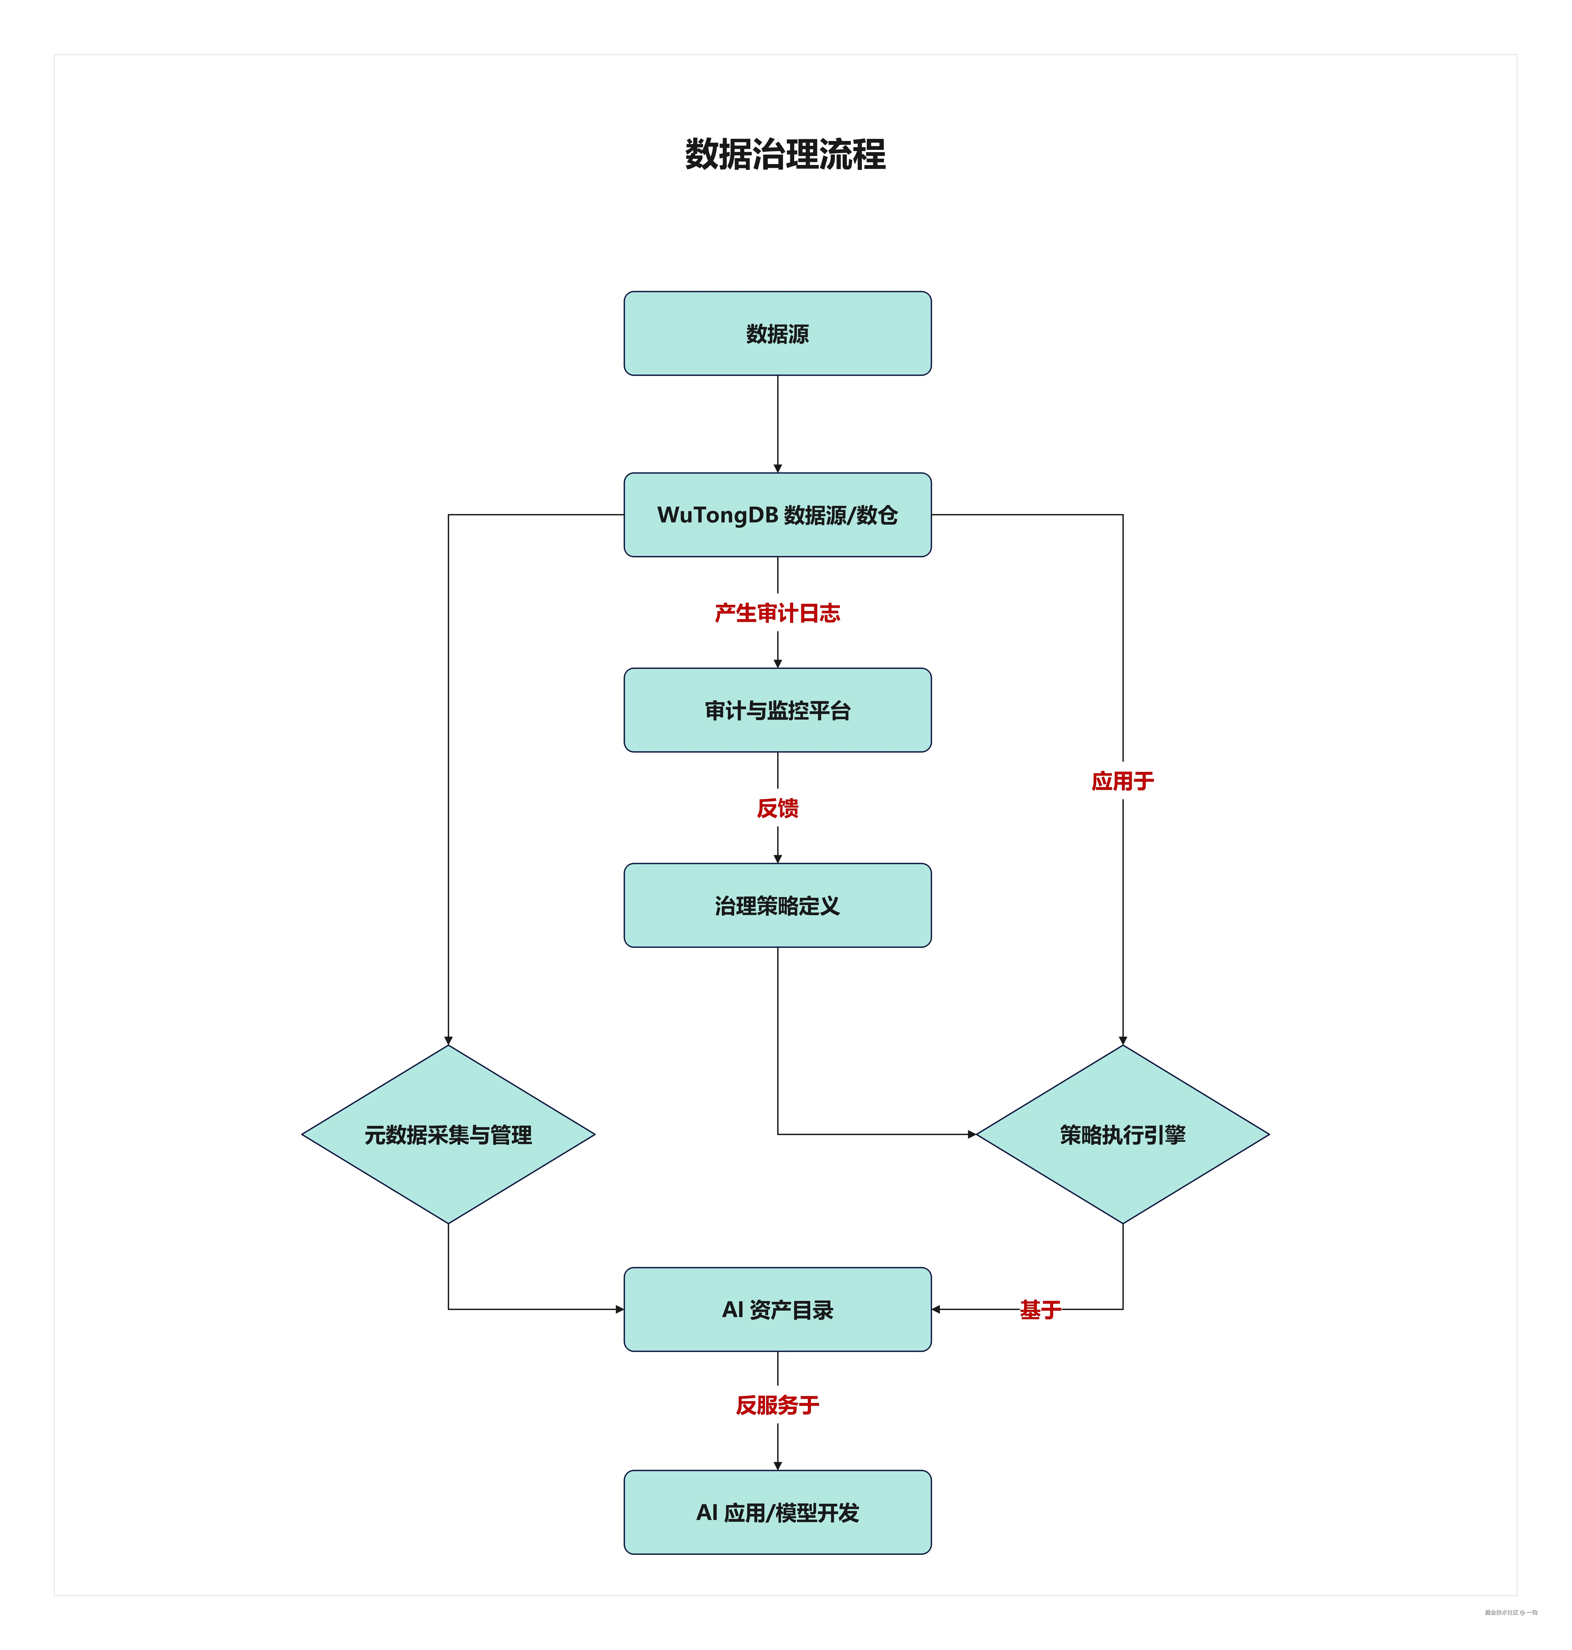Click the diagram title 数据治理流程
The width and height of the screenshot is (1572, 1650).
(785, 154)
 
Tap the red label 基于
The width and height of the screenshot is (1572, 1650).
(1040, 1309)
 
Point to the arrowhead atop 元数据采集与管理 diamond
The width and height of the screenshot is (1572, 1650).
(448, 1040)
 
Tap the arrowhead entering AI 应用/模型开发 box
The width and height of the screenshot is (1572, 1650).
(778, 1466)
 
